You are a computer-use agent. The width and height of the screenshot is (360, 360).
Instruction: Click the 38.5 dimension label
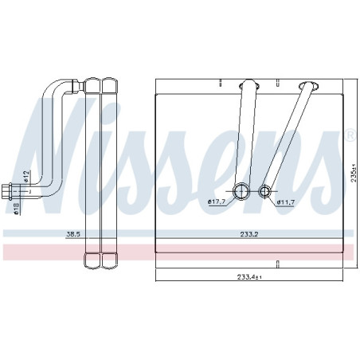(73, 234)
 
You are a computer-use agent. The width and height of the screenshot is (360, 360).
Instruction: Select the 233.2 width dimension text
(249, 234)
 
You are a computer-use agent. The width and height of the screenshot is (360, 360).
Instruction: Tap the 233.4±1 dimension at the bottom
(249, 277)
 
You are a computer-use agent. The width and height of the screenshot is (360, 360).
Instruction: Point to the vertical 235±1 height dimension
(354, 173)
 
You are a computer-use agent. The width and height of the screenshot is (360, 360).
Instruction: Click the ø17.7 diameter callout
(217, 202)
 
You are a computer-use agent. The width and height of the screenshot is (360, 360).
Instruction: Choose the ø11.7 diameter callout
(286, 202)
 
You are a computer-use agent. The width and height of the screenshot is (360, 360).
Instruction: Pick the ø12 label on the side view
(25, 177)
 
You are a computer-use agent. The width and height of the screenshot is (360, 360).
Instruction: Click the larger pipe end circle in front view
(241, 191)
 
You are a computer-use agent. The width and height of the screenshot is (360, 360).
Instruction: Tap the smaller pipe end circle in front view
(264, 191)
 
